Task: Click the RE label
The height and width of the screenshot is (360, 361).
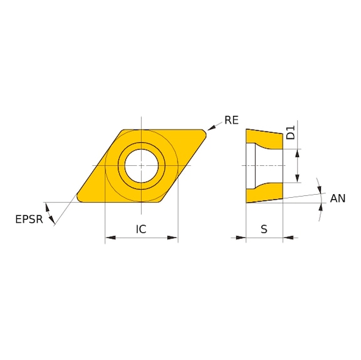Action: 231,120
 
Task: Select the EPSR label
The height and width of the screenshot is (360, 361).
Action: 29,219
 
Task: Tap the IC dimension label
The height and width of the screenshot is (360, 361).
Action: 141,230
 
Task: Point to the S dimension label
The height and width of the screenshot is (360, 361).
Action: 264,230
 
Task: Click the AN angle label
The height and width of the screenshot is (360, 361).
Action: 338,198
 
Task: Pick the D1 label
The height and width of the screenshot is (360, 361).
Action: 290,133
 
